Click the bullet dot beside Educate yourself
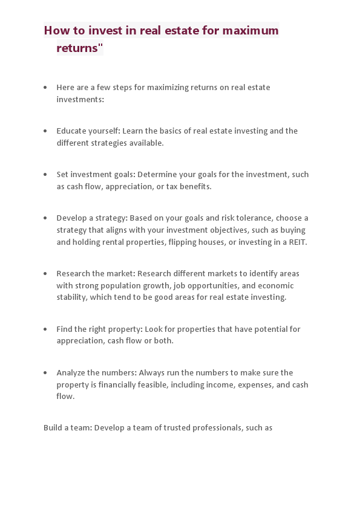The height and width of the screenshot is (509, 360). pos(45,131)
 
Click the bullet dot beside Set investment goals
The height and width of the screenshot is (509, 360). pos(45,174)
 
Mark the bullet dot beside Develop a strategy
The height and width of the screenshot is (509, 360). pos(45,218)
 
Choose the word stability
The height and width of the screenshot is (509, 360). pos(72,298)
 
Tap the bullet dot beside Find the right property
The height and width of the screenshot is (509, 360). pos(45,329)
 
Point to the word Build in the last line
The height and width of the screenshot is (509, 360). pos(52,428)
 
